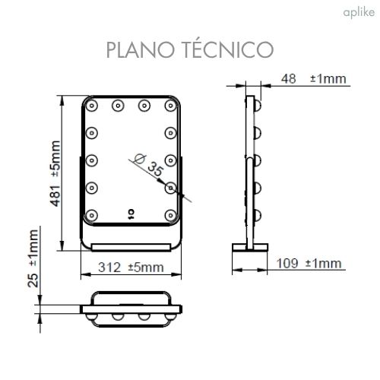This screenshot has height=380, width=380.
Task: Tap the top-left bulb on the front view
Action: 92,105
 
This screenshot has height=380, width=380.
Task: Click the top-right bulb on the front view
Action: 171,105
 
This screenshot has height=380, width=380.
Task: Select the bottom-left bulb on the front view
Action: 92,214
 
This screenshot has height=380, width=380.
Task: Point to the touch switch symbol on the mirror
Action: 130,214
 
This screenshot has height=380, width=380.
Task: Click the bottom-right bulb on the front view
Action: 172,214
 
